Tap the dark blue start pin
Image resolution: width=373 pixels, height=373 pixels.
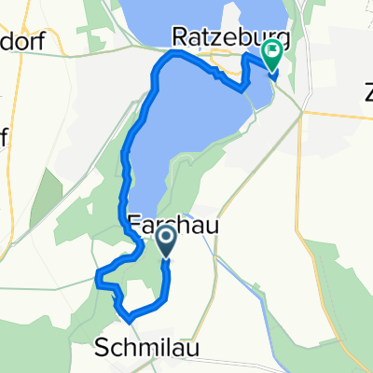(166, 242)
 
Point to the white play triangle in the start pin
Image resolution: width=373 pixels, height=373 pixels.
(166, 240)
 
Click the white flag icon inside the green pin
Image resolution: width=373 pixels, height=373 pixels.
(272, 52)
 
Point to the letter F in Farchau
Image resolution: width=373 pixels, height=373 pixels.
(131, 224)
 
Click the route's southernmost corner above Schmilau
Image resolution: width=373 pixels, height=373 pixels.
(129, 318)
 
